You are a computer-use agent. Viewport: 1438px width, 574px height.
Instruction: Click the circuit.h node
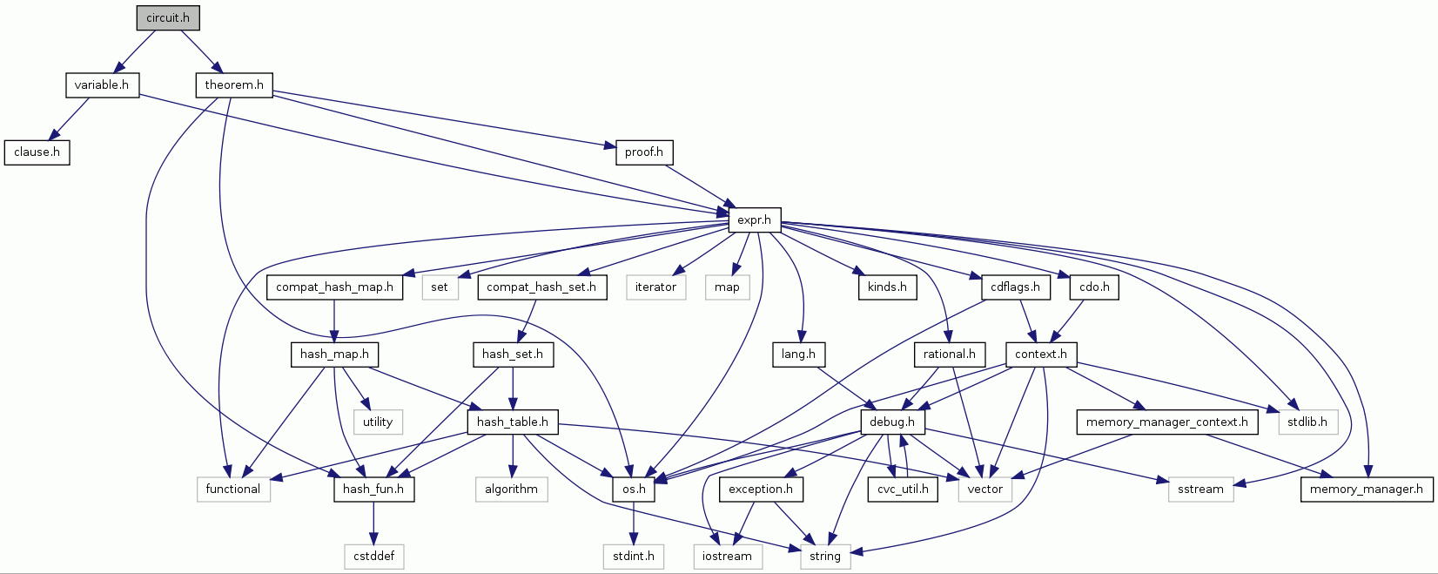click(168, 17)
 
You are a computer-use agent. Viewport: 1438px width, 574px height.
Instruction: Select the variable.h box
click(101, 84)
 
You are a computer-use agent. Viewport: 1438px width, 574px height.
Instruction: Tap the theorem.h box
click(234, 84)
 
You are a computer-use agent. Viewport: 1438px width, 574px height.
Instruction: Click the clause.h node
click(37, 152)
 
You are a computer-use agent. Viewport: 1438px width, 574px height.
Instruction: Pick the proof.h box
click(643, 152)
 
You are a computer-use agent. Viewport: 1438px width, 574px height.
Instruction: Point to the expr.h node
click(754, 219)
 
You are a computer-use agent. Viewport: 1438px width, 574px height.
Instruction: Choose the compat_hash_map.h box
click(334, 287)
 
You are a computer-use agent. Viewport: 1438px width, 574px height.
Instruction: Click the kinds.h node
click(887, 287)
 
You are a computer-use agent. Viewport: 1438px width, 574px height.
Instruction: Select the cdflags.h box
click(1015, 287)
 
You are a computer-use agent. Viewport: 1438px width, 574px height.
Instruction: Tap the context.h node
click(1041, 354)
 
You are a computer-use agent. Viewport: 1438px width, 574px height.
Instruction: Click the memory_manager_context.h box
click(1166, 422)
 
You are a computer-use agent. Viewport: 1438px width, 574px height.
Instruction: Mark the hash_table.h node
click(512, 422)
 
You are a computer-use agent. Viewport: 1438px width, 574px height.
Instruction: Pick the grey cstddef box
click(373, 556)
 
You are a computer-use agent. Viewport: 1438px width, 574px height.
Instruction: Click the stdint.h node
click(633, 556)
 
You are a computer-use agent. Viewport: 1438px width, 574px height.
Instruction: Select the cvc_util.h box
click(903, 489)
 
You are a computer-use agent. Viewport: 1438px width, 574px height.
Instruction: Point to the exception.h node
click(761, 489)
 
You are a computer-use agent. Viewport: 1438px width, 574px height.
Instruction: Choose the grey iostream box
click(727, 556)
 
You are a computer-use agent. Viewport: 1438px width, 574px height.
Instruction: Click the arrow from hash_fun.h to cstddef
click(373, 523)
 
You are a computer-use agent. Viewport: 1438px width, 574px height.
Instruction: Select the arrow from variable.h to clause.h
click(70, 118)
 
